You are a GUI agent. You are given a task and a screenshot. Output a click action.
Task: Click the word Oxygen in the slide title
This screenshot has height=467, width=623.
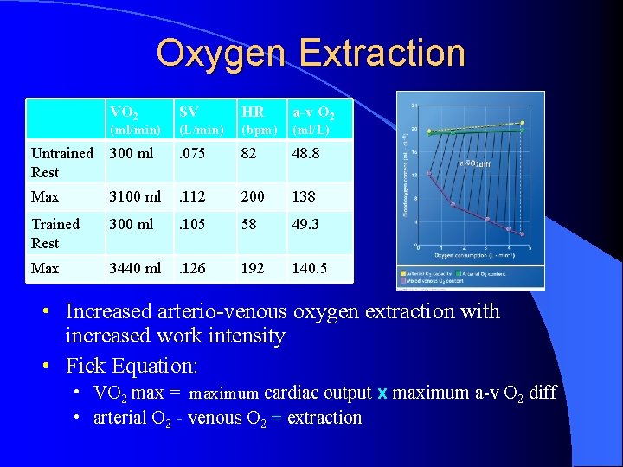[x=221, y=54]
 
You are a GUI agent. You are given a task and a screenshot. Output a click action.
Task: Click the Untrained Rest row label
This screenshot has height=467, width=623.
[x=62, y=163]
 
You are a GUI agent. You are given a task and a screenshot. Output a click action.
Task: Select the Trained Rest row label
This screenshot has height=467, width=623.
[x=55, y=233]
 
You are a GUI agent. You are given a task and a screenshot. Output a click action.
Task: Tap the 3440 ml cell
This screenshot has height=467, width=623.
[x=134, y=268]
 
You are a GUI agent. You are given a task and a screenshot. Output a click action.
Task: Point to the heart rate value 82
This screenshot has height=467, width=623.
[x=251, y=153]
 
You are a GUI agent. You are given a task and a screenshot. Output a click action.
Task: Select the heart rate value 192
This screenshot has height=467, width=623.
[x=254, y=268]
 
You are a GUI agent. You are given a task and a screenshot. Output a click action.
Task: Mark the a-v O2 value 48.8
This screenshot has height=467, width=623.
[x=306, y=153]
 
